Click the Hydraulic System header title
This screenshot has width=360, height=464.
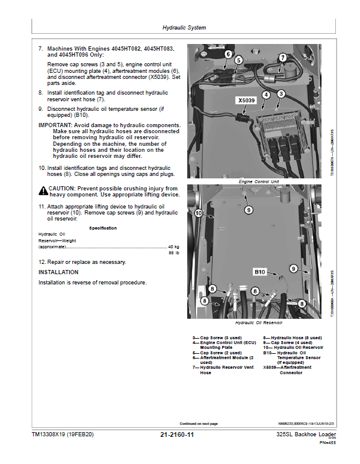[x=184, y=28]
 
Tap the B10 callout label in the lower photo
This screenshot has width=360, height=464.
[x=259, y=272]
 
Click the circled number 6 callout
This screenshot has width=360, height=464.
[x=228, y=54]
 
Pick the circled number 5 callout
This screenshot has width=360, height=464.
[x=238, y=60]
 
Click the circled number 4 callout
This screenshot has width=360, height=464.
[x=265, y=93]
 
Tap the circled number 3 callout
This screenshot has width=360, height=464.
[x=281, y=93]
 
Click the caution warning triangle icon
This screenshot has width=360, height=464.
[x=43, y=190]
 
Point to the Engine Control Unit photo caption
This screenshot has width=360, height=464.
[x=259, y=181]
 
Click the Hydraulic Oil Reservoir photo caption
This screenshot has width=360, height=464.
[x=259, y=323]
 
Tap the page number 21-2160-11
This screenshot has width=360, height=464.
[x=177, y=434]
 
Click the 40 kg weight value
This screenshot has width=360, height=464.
[x=173, y=247]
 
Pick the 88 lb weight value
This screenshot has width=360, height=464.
[x=175, y=253]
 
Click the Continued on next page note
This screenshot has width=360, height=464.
[x=199, y=424]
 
